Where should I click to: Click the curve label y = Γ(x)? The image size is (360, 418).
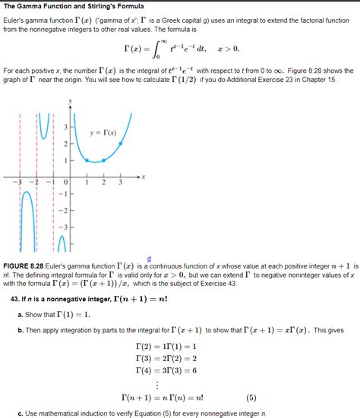pos(103,132)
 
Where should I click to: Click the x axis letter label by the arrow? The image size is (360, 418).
pos(144,177)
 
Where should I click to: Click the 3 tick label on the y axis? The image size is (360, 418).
pos(65,127)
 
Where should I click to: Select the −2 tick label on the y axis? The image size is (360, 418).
pos(63,210)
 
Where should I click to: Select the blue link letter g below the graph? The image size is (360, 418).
pos(149,259)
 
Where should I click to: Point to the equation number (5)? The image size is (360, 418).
pos(251,396)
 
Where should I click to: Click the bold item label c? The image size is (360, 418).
pos(19,413)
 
